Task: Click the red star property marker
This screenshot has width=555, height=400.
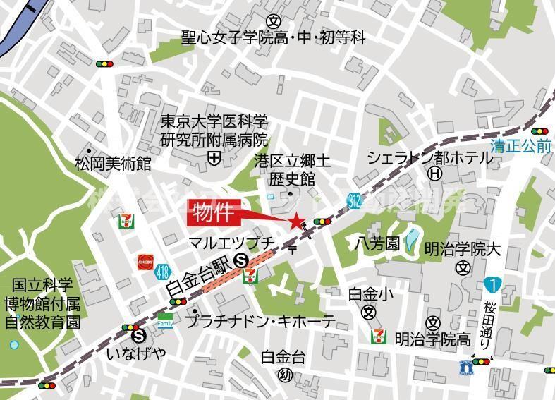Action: tap(295, 221)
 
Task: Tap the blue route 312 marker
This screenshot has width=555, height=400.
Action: tap(355, 202)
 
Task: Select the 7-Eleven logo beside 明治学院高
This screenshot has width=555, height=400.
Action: tap(379, 337)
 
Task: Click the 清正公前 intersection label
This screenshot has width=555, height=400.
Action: tap(521, 146)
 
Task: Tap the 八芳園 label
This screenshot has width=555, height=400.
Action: tap(377, 245)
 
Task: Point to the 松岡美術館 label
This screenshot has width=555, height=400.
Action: tap(113, 164)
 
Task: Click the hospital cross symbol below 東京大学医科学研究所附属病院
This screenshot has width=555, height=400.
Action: tap(214, 159)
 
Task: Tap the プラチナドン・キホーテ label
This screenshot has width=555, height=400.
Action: tap(260, 321)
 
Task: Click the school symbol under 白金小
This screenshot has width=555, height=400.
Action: tap(368, 313)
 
